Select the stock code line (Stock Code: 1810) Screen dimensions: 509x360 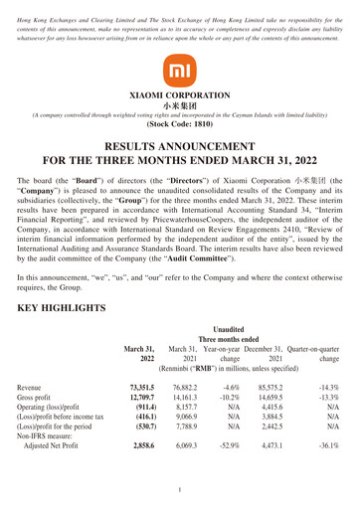(179, 126)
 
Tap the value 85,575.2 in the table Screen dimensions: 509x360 (277, 388)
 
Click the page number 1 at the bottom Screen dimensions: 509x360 (180, 490)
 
